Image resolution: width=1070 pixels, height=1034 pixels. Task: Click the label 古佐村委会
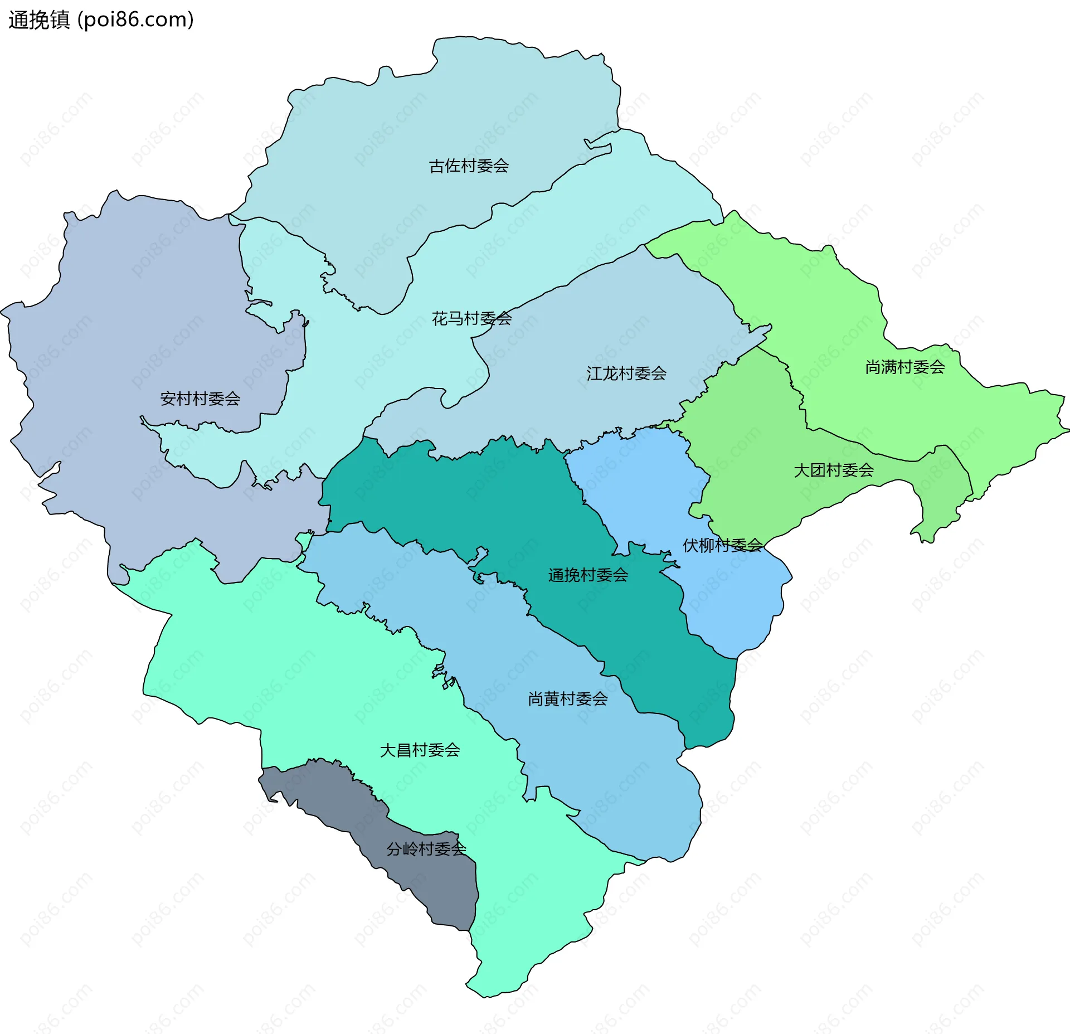point(469,166)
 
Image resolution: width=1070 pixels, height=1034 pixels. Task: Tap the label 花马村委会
point(471,318)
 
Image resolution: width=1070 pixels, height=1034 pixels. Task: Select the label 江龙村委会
point(626,373)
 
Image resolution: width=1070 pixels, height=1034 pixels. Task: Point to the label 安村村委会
point(200,399)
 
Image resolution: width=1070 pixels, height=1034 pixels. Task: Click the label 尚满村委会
point(904,367)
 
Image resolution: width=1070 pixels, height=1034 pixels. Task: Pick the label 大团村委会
point(833,470)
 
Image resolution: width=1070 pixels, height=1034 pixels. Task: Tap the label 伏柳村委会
point(722,545)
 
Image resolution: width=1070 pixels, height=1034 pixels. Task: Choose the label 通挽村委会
point(587,575)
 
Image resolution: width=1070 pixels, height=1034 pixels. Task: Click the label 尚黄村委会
point(567,698)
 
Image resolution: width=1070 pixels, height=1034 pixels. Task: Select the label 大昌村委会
point(420,750)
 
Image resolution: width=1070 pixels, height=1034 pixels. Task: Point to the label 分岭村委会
point(426,849)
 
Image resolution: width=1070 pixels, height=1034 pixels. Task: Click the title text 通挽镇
point(39,20)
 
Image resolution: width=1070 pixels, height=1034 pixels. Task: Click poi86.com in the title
point(135,20)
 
